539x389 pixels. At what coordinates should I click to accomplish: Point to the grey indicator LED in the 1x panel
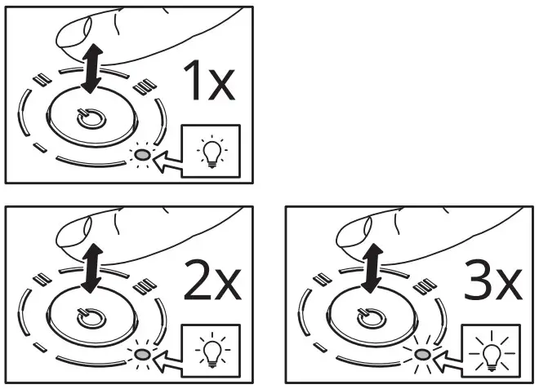tap(143, 154)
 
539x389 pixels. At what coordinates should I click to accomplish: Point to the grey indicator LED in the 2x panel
tap(143, 355)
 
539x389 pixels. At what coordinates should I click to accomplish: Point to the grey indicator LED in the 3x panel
tap(423, 355)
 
